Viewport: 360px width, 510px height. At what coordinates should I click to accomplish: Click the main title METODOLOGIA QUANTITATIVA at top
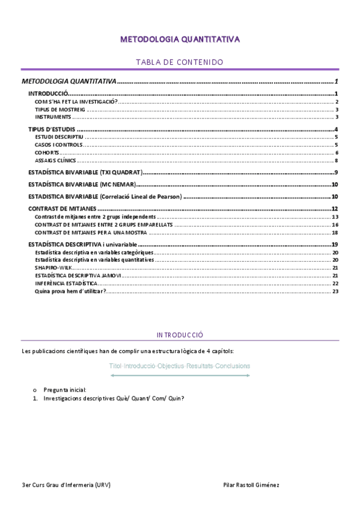(180, 40)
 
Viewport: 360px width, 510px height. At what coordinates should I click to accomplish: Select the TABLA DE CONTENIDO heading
(180, 62)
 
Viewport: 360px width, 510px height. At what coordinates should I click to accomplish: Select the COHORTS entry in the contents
(47, 153)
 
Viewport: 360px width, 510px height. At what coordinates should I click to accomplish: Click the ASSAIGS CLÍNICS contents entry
(55, 161)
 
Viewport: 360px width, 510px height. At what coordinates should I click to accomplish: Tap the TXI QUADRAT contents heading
(86, 173)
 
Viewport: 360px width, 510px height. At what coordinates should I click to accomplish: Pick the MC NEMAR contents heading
(84, 185)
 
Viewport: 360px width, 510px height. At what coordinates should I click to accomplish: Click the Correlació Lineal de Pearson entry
(105, 197)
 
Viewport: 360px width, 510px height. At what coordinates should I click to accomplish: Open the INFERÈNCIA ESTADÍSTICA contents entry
(66, 283)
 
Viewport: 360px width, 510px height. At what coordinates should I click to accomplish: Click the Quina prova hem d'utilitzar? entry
(71, 291)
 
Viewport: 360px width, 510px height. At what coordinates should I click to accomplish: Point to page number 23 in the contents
(335, 291)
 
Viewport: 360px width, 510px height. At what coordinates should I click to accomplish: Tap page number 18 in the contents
(335, 232)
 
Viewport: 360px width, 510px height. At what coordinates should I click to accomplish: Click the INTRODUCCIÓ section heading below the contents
(180, 334)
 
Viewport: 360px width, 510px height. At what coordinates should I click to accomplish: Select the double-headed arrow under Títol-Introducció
(180, 376)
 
